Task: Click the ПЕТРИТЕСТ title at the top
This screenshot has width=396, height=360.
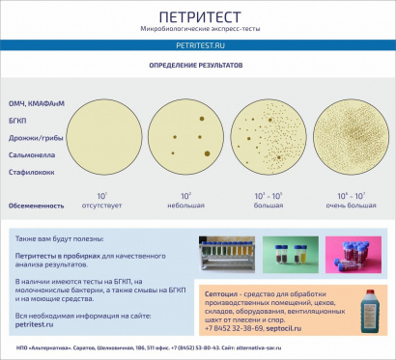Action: click(197, 16)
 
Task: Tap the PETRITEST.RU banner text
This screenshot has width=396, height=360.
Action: click(197, 45)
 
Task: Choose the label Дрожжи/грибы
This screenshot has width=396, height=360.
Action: click(37, 137)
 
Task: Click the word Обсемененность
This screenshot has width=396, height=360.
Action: click(37, 205)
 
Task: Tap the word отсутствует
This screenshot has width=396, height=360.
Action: click(101, 205)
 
